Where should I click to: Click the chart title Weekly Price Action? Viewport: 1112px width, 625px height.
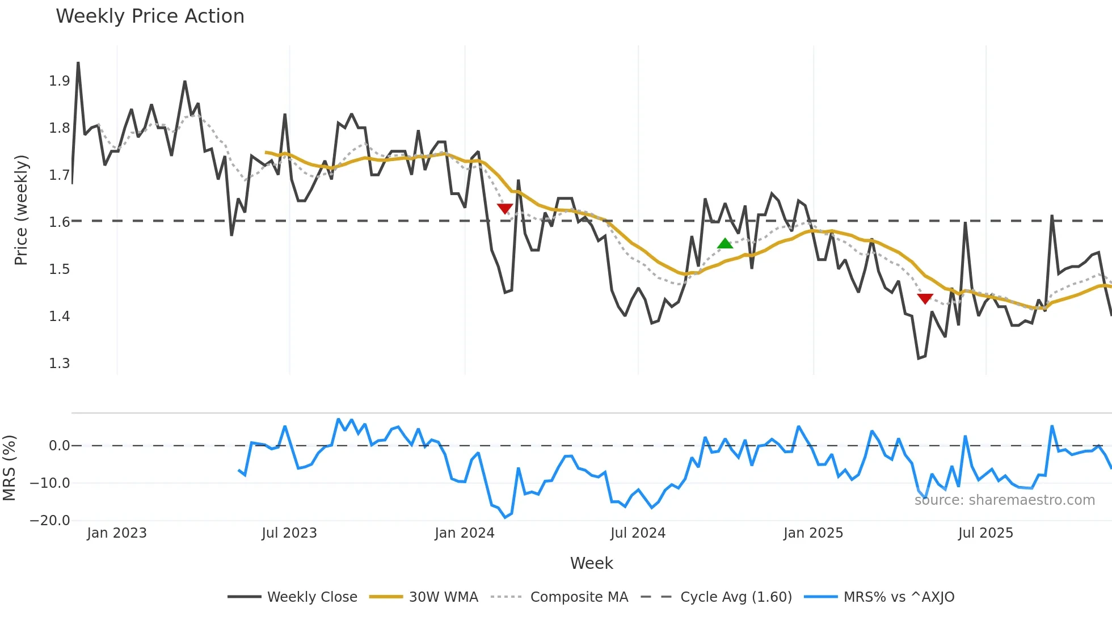click(x=150, y=16)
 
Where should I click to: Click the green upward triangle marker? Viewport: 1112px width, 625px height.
click(x=725, y=244)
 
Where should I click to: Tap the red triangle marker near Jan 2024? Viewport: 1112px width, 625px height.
click(x=505, y=209)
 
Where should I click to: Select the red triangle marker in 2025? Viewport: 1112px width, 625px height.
click(x=925, y=299)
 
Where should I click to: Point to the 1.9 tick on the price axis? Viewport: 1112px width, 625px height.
click(x=60, y=81)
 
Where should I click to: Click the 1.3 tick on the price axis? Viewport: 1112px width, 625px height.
click(x=60, y=363)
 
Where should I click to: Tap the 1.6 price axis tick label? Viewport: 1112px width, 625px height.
click(x=60, y=222)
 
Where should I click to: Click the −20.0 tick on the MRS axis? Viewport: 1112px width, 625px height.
click(x=50, y=521)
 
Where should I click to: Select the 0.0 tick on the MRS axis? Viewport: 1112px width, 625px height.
click(x=60, y=446)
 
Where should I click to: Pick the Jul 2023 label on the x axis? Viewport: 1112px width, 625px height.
click(x=289, y=533)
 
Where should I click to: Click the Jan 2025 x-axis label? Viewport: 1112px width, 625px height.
click(x=813, y=533)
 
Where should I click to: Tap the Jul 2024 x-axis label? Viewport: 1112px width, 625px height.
click(x=638, y=533)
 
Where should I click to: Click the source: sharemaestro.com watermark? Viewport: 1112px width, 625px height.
click(x=1004, y=500)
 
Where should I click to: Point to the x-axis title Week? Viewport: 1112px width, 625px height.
click(x=591, y=563)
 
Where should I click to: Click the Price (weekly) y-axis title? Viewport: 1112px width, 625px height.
click(x=21, y=210)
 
